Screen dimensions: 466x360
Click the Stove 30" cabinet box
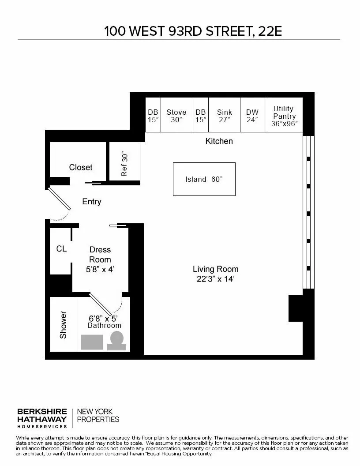pyautogui.click(x=176, y=116)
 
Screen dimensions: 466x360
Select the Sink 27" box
pyautogui.click(x=224, y=116)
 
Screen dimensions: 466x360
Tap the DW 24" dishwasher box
pyautogui.click(x=252, y=116)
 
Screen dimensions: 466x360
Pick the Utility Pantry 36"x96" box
pyautogui.click(x=284, y=116)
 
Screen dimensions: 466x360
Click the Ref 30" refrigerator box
pyautogui.click(x=124, y=164)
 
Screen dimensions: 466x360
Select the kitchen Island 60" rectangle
pyautogui.click(x=204, y=179)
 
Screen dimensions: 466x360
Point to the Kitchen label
pyautogui.click(x=219, y=141)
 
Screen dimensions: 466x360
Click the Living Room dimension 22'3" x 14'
pyautogui.click(x=215, y=279)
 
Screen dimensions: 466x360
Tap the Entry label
pyautogui.click(x=92, y=202)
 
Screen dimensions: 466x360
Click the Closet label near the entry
pyautogui.click(x=81, y=167)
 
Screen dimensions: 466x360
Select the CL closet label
pyautogui.click(x=61, y=249)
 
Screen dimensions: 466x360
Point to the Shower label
pyautogui.click(x=63, y=325)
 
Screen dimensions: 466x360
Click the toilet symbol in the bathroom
pyautogui.click(x=117, y=341)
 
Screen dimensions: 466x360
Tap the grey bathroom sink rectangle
pyautogui.click(x=92, y=342)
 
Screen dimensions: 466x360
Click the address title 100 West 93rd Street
pyautogui.click(x=192, y=31)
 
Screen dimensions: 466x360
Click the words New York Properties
pyautogui.click(x=98, y=415)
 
